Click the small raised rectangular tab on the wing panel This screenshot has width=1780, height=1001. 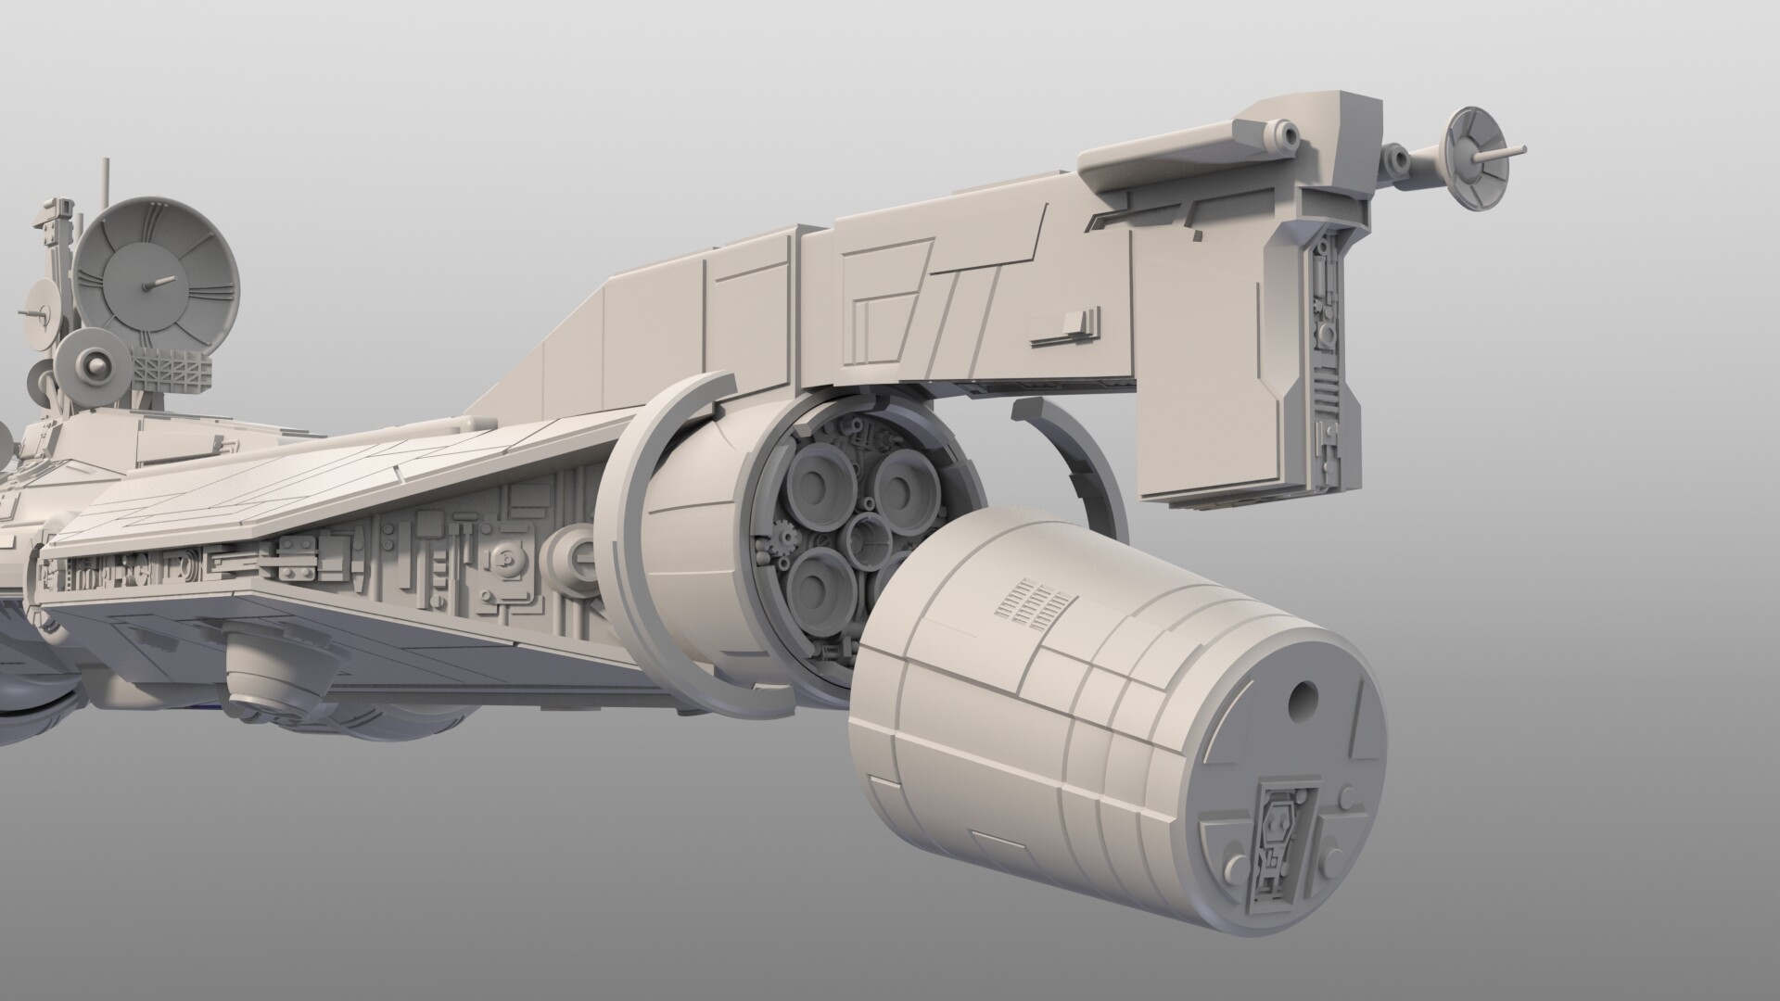[1078, 322]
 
